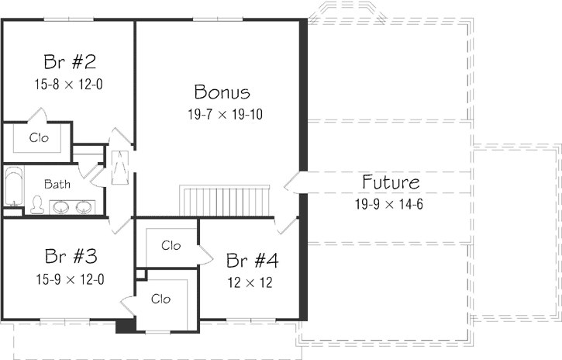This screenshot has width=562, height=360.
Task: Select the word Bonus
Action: (x=222, y=92)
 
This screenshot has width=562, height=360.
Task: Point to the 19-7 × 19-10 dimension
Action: (x=222, y=114)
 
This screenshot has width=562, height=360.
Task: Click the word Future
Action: (x=391, y=183)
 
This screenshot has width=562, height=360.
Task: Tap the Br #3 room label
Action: (x=71, y=255)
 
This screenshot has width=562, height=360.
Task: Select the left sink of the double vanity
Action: (x=60, y=207)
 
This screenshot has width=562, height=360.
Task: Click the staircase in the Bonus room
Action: (x=225, y=200)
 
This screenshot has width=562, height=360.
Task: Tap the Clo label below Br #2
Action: (x=39, y=138)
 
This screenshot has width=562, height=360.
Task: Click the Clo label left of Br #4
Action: (x=171, y=245)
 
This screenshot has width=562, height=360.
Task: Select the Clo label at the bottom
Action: (x=160, y=299)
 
